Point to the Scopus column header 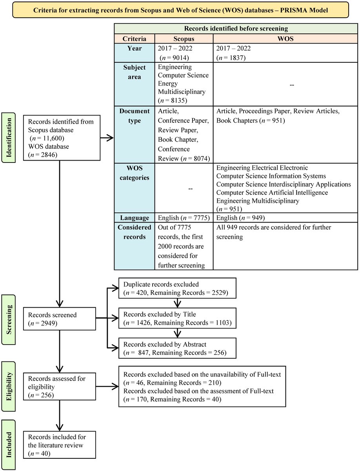point(184,39)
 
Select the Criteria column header point(135,39)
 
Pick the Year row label point(135,49)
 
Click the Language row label point(135,218)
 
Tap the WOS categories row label point(135,172)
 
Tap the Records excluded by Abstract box point(178,349)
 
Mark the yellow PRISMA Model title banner point(180,9)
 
